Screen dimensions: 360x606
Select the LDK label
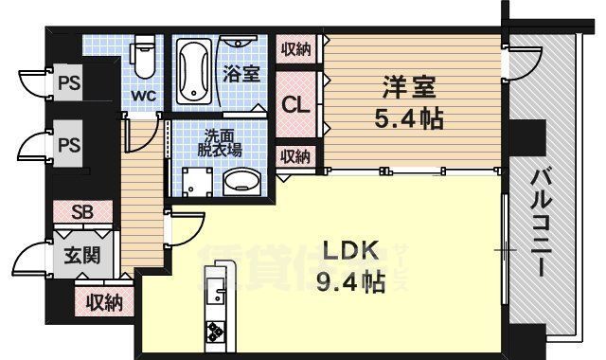point(351,252)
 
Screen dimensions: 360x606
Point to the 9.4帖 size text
point(351,281)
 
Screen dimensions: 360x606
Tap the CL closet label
point(295,105)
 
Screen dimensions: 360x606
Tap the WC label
point(143,95)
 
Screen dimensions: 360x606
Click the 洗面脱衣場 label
point(220,141)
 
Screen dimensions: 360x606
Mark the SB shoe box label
point(84,212)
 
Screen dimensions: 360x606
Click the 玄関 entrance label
point(78,255)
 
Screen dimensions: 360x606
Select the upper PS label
point(68,82)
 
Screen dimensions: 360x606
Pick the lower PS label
point(68,146)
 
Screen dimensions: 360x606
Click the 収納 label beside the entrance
point(103,302)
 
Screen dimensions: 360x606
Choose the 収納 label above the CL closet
point(294,49)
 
